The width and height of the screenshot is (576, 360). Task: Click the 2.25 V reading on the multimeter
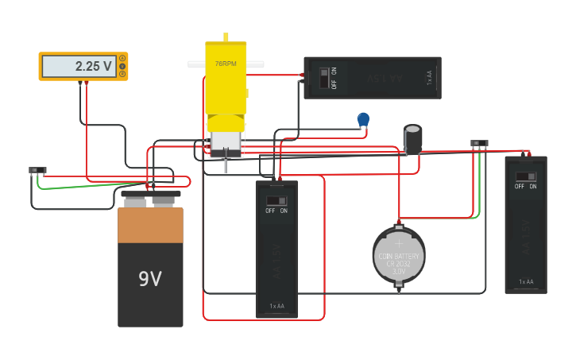click(x=94, y=67)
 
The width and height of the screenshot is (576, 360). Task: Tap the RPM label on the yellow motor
click(x=226, y=64)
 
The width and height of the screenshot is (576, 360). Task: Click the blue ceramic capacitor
click(x=363, y=119)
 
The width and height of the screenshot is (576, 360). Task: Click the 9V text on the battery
click(x=150, y=279)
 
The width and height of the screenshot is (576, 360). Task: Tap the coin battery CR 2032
click(x=399, y=255)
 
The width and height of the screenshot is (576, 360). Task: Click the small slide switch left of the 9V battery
click(x=37, y=170)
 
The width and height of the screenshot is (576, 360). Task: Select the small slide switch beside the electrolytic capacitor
click(x=479, y=144)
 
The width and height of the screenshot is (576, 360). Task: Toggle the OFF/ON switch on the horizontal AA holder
click(x=323, y=77)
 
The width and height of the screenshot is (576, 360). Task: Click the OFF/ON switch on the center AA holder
click(x=276, y=201)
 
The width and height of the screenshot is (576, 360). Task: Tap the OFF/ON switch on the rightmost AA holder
click(x=525, y=176)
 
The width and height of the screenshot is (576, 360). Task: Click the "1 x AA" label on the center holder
click(x=276, y=306)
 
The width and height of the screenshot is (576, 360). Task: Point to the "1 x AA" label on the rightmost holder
click(x=526, y=282)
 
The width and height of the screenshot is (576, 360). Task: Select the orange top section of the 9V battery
click(x=150, y=225)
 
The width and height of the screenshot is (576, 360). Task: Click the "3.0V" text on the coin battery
click(x=399, y=272)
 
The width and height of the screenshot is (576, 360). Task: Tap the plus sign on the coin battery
click(x=399, y=246)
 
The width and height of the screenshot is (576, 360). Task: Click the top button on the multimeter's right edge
click(x=122, y=58)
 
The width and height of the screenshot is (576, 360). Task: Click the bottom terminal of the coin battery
click(x=399, y=290)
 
